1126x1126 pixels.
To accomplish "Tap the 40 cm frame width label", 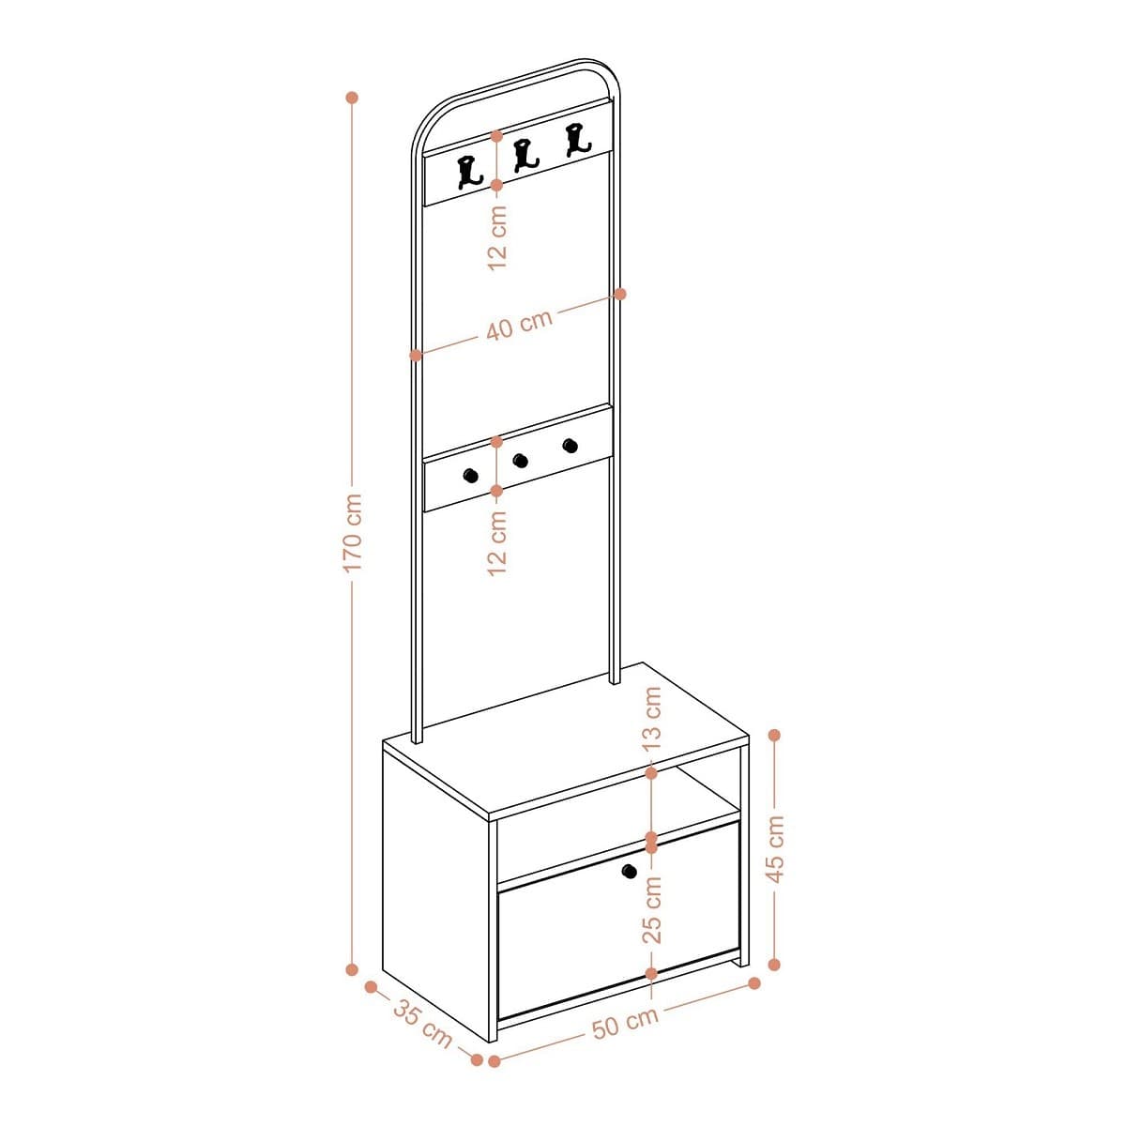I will pyautogui.click(x=519, y=325).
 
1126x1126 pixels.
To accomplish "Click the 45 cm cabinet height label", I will pyautogui.click(x=775, y=848).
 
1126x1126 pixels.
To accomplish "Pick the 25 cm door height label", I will pyautogui.click(x=652, y=909).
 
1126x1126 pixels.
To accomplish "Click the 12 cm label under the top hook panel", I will pyautogui.click(x=497, y=238).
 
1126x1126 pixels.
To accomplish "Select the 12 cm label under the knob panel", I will pyautogui.click(x=497, y=542).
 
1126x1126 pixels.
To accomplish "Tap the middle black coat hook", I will pyautogui.click(x=524, y=155).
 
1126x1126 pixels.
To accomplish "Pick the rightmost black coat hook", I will pyautogui.click(x=577, y=138).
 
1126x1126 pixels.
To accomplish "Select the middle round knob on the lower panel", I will pyautogui.click(x=520, y=459).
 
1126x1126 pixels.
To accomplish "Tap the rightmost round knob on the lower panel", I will pyautogui.click(x=570, y=444).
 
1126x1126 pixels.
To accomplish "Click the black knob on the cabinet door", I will pyautogui.click(x=629, y=872).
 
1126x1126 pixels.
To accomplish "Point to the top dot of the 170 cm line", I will pyautogui.click(x=353, y=97).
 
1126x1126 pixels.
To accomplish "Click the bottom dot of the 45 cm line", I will pyautogui.click(x=775, y=964).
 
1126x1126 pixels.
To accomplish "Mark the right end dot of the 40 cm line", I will pyautogui.click(x=620, y=294).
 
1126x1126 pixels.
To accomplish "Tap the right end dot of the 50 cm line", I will pyautogui.click(x=754, y=983).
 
